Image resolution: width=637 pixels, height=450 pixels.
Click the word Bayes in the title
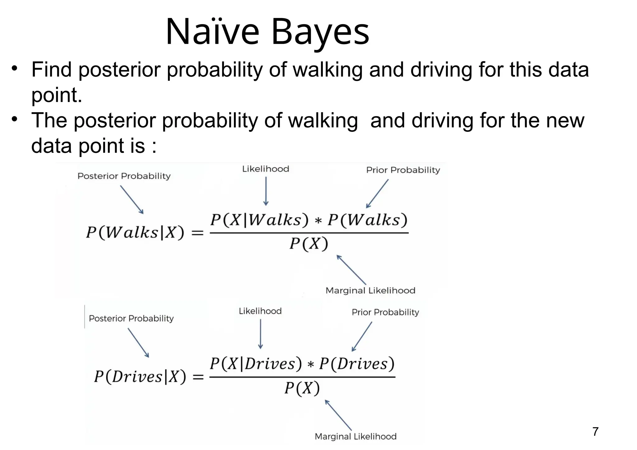pos(320,32)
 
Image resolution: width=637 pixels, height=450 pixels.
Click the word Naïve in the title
pos(212,32)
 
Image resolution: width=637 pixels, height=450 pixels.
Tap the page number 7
pos(595,432)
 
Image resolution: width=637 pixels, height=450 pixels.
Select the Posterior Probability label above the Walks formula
pos(124,176)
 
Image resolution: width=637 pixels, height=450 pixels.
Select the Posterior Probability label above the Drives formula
pos(131,318)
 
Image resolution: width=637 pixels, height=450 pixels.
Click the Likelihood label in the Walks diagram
pos(266,169)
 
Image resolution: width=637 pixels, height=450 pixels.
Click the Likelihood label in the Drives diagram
pos(260,311)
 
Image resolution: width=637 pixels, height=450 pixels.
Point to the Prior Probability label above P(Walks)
pos(403,170)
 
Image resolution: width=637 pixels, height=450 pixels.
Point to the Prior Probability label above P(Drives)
pos(385,312)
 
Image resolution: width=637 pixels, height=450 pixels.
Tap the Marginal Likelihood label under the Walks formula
pos(370,290)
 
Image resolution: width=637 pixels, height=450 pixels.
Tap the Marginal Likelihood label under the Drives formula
pos(356,436)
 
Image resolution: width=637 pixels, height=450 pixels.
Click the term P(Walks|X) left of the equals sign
pos(135,232)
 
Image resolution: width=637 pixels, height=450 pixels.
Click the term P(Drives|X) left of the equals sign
pos(140,377)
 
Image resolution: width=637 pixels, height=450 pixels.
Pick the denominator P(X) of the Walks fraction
pos(309,244)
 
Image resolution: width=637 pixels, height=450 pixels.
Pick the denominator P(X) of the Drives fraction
pos(302,388)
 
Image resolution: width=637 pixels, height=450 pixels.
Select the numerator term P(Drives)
pos(357,364)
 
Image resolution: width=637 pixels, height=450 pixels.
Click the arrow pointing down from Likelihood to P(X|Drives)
pos(260,334)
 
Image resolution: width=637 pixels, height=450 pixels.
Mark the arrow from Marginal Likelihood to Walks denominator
pos(351,269)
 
